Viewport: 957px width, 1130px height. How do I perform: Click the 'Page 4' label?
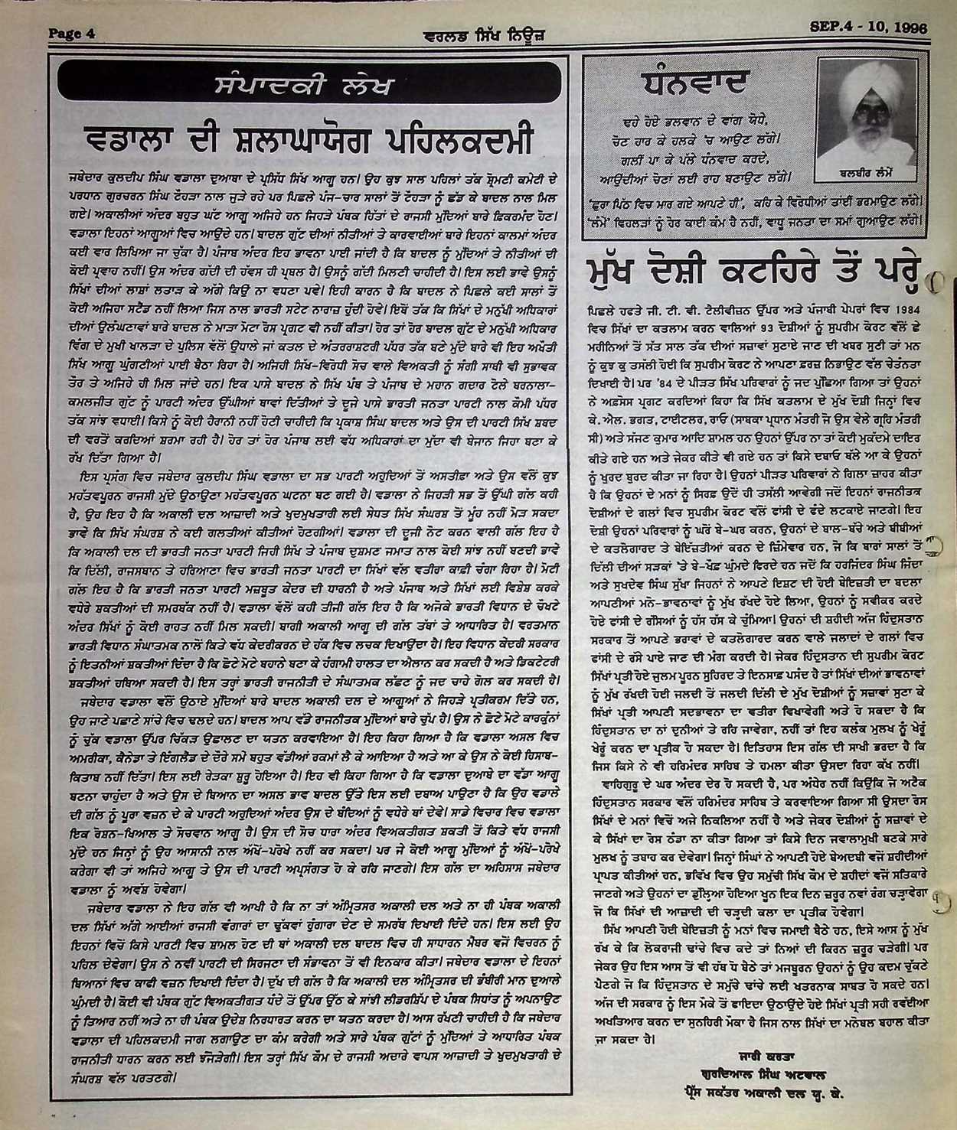pos(71,32)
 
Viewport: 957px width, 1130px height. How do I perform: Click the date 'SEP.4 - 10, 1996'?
pos(868,28)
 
